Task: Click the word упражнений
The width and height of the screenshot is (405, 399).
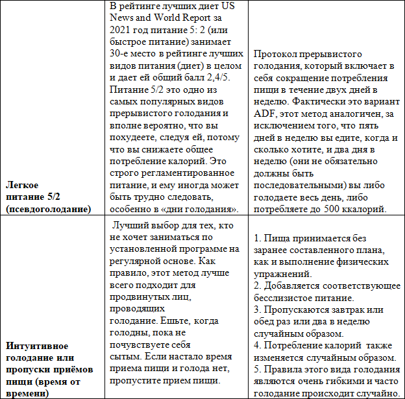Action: pyautogui.click(x=280, y=275)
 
